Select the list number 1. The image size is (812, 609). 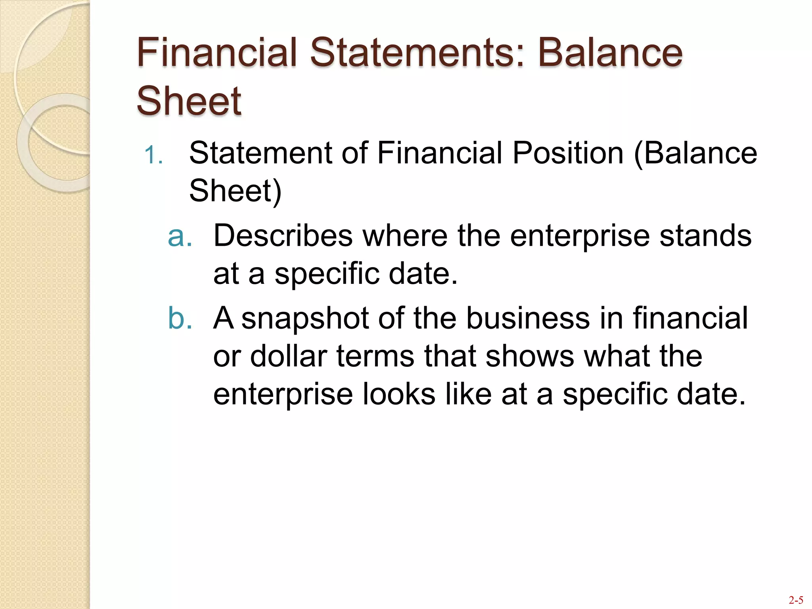[x=153, y=155]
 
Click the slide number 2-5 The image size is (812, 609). [x=796, y=599]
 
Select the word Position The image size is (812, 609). [x=568, y=153]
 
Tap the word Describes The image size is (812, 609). [x=283, y=236]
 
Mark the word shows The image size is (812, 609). [x=530, y=356]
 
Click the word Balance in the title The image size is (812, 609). [x=610, y=52]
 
